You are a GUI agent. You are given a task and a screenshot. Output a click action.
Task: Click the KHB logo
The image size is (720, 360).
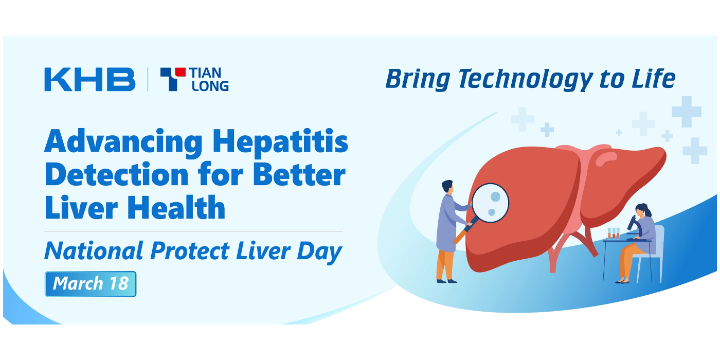tap(89, 79)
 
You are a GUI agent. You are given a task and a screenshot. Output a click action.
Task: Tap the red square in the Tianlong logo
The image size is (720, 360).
tap(180, 72)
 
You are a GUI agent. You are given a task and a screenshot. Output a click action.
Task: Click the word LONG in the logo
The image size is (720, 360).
tap(210, 86)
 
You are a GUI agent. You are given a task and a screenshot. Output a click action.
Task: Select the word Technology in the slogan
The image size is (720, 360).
tap(526, 79)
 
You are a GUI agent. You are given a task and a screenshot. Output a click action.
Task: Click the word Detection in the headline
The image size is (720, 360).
tap(117, 174)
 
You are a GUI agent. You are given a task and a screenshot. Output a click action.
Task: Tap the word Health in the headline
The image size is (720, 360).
tap(176, 208)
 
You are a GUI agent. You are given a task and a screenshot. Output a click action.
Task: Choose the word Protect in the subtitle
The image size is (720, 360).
tap(190, 251)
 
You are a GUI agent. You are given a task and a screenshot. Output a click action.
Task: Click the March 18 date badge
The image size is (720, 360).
tap(91, 284)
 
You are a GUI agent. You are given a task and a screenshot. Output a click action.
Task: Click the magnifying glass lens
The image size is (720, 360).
tap(490, 203)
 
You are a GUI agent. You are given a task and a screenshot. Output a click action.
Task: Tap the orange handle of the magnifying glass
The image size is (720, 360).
tap(460, 236)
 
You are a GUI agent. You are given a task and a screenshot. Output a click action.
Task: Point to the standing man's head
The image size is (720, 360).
tap(448, 187)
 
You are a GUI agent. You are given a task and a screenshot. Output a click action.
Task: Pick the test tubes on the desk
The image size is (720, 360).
tap(613, 233)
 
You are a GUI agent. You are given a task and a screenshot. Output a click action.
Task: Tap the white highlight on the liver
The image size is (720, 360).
tap(606, 158)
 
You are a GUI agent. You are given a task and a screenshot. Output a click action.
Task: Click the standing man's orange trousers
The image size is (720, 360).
tap(445, 264)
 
